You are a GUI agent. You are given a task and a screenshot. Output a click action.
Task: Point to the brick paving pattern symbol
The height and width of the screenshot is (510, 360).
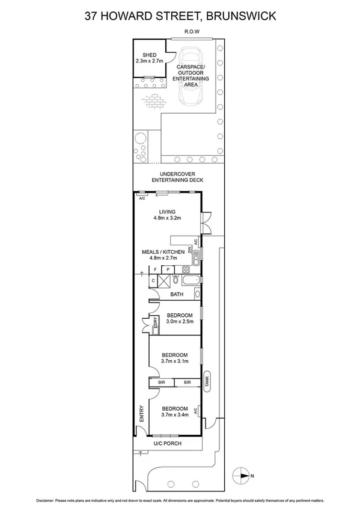(154, 100)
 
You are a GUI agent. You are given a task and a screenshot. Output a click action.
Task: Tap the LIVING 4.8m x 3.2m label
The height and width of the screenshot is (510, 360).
(166, 215)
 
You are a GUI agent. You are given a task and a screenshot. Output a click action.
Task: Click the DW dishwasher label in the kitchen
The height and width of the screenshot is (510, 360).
(189, 248)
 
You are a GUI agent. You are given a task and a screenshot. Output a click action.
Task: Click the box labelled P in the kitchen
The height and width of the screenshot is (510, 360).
(168, 269)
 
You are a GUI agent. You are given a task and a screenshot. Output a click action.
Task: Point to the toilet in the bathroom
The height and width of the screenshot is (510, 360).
(174, 280)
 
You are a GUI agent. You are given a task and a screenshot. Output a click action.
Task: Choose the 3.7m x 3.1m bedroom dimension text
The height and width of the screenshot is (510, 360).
(175, 361)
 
